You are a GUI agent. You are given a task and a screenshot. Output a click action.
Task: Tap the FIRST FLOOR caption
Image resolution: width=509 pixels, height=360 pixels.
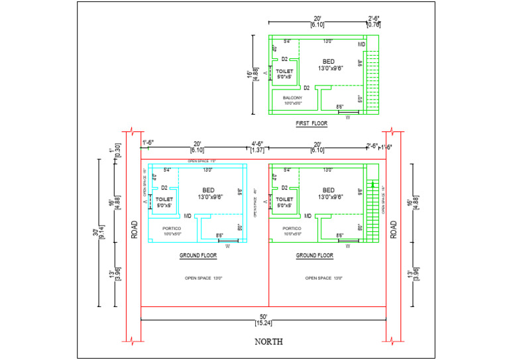pyautogui.click(x=311, y=123)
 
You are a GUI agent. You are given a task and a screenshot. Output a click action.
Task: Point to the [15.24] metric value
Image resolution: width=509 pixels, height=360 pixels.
pyautogui.click(x=264, y=323)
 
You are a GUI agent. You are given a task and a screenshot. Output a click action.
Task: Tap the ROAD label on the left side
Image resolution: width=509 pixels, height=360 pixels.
pyautogui.click(x=135, y=229)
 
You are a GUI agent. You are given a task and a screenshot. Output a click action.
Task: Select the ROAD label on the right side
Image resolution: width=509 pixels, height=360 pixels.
pyautogui.click(x=394, y=229)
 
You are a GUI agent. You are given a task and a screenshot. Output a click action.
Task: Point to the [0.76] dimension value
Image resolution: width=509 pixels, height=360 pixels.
pyautogui.click(x=373, y=25)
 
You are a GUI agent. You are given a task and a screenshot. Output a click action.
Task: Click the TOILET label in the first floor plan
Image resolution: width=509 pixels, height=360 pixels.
pyautogui.click(x=284, y=71)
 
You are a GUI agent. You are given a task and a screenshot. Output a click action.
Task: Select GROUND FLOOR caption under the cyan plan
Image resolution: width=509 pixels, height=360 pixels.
pyautogui.click(x=198, y=255)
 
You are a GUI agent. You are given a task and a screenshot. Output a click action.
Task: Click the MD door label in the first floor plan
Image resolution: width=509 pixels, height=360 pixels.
pyautogui.click(x=362, y=44)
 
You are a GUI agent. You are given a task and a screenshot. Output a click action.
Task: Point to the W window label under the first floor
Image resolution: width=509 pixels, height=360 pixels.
pyautogui.click(x=347, y=117)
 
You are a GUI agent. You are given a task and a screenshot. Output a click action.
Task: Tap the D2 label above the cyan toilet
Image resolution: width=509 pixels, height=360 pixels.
pyautogui.click(x=164, y=188)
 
